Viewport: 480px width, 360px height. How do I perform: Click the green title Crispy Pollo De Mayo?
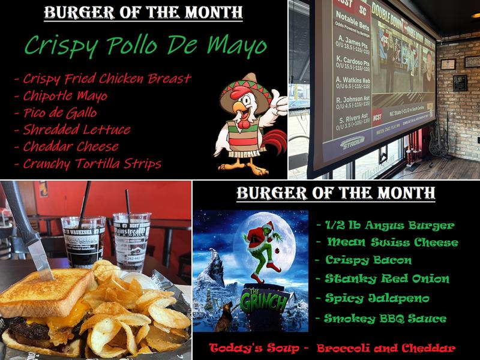146,46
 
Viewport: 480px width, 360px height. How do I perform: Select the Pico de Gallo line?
60,113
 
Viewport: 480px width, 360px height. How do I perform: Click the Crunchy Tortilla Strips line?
92,163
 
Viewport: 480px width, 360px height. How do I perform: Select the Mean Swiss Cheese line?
392,243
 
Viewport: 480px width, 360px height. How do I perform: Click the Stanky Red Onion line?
388,278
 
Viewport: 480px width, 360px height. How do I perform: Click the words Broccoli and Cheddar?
385,348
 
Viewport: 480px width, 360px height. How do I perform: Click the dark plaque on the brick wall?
460,83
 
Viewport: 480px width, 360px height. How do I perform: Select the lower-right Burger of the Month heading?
336,194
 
